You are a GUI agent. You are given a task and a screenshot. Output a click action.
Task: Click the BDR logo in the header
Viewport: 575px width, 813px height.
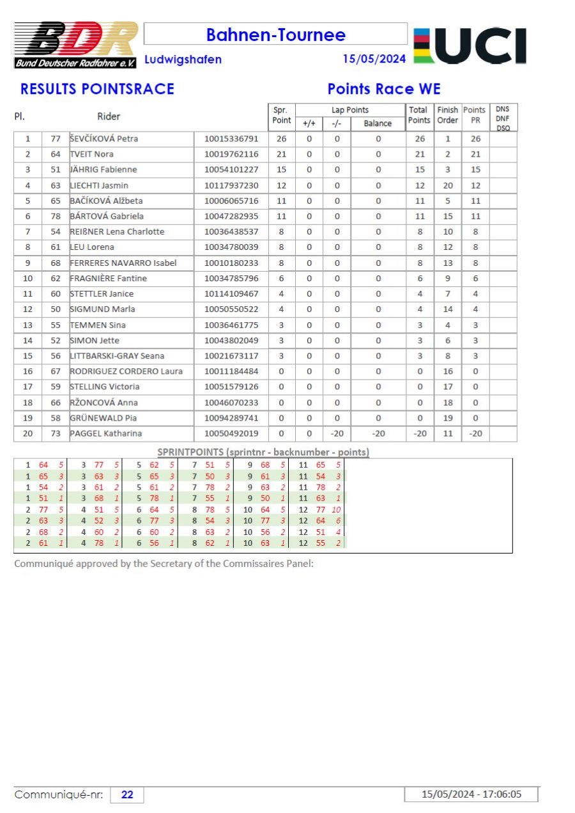(75, 45)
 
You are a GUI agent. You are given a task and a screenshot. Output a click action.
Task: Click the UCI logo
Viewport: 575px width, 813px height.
(470, 45)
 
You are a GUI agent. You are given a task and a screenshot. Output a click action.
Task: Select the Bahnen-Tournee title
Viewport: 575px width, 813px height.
(275, 35)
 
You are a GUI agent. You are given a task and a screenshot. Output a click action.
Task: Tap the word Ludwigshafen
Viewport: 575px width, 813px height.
(183, 59)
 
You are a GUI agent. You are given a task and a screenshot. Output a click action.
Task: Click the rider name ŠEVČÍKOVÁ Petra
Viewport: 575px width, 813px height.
(104, 139)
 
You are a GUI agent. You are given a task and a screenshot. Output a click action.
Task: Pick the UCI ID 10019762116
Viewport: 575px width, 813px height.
(231, 154)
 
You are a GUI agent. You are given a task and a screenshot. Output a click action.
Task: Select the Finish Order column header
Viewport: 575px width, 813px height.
(447, 115)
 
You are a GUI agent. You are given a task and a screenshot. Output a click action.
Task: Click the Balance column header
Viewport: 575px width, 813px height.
(378, 123)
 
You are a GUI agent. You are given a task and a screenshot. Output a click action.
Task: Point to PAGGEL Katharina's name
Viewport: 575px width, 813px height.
(106, 433)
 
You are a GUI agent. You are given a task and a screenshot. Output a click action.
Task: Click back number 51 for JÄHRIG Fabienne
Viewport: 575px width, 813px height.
(56, 169)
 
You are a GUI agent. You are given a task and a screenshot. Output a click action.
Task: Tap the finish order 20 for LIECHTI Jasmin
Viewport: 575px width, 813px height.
(447, 185)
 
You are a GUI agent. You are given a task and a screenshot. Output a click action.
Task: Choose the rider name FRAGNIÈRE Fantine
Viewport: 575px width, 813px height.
(109, 278)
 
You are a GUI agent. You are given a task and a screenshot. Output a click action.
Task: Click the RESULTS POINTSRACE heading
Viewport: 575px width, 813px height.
(97, 89)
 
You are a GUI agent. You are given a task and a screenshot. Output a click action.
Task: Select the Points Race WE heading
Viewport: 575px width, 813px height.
(384, 89)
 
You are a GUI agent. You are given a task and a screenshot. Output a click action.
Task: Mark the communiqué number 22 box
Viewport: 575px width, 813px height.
(127, 794)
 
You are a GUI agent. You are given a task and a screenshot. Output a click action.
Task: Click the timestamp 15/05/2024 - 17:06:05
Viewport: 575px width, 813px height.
(471, 794)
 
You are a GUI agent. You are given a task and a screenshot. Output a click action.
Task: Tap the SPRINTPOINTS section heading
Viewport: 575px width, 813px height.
(263, 452)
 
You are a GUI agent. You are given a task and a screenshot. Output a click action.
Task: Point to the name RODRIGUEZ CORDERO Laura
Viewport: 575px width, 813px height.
(126, 371)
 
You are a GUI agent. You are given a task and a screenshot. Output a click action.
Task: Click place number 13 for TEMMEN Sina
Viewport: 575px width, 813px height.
(27, 325)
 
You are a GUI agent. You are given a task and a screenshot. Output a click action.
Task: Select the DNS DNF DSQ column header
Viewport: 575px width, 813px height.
(502, 118)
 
